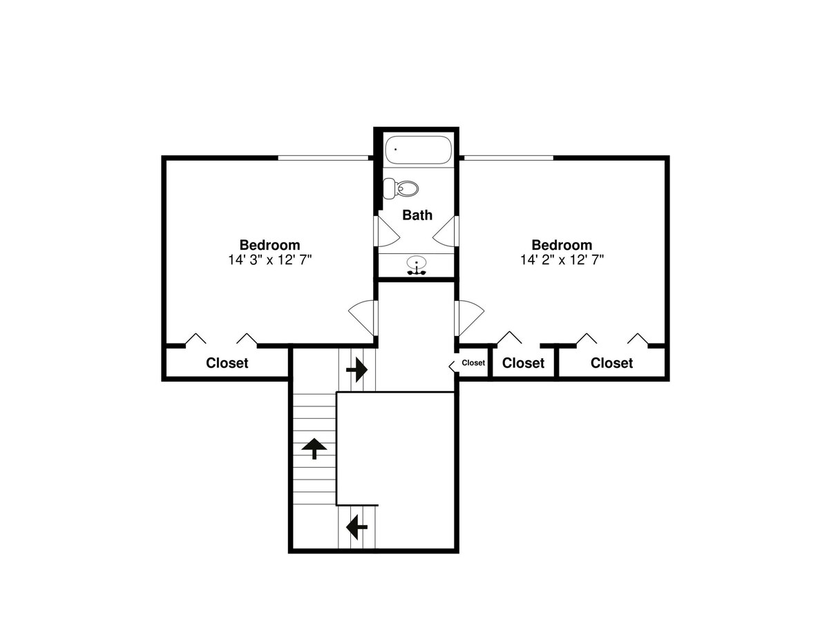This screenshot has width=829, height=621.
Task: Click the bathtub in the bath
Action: click(x=418, y=150)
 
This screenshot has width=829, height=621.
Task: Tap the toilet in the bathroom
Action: click(x=401, y=188)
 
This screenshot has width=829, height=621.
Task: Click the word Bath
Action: click(x=417, y=215)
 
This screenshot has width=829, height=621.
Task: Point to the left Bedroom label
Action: click(x=269, y=245)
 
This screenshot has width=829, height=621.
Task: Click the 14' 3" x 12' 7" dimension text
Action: click(x=269, y=260)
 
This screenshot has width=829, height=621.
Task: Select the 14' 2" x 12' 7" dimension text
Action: click(x=562, y=260)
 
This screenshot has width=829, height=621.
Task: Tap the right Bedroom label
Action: click(x=562, y=245)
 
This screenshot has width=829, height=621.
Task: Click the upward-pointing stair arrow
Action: click(x=314, y=448)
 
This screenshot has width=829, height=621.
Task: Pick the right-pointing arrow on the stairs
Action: click(x=357, y=370)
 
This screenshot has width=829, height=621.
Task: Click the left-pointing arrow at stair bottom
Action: click(x=357, y=526)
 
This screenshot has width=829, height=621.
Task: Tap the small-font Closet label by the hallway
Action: click(x=473, y=363)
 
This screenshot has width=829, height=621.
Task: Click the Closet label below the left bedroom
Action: click(x=227, y=363)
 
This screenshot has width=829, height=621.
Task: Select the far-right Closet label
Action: click(x=611, y=363)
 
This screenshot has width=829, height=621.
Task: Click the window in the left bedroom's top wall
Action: click(x=323, y=157)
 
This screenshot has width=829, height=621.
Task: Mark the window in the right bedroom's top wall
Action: click(x=508, y=157)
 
